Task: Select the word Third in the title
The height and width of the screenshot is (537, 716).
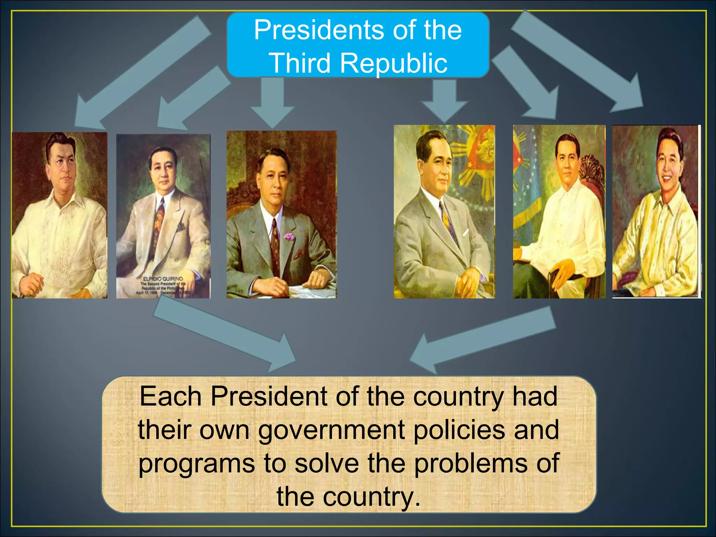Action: coord(300,64)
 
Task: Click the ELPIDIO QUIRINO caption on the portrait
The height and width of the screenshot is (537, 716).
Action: coord(163,279)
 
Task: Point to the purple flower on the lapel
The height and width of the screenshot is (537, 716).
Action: coord(289,237)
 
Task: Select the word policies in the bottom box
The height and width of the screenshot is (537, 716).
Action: coord(459,430)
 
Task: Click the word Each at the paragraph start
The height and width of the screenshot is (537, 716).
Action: coord(170,397)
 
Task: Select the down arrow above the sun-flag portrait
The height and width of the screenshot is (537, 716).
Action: coord(444,101)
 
